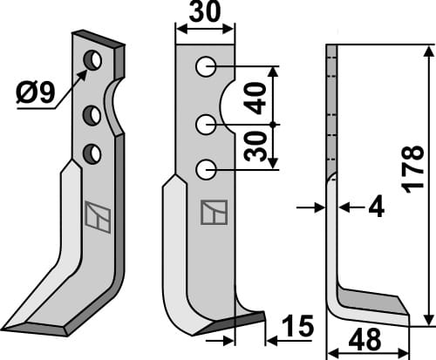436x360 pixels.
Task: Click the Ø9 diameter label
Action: point(35,92)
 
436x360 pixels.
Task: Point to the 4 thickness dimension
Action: point(376,208)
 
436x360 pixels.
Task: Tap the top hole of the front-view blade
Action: point(205,66)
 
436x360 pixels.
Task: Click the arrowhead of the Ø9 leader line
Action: point(85,71)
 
